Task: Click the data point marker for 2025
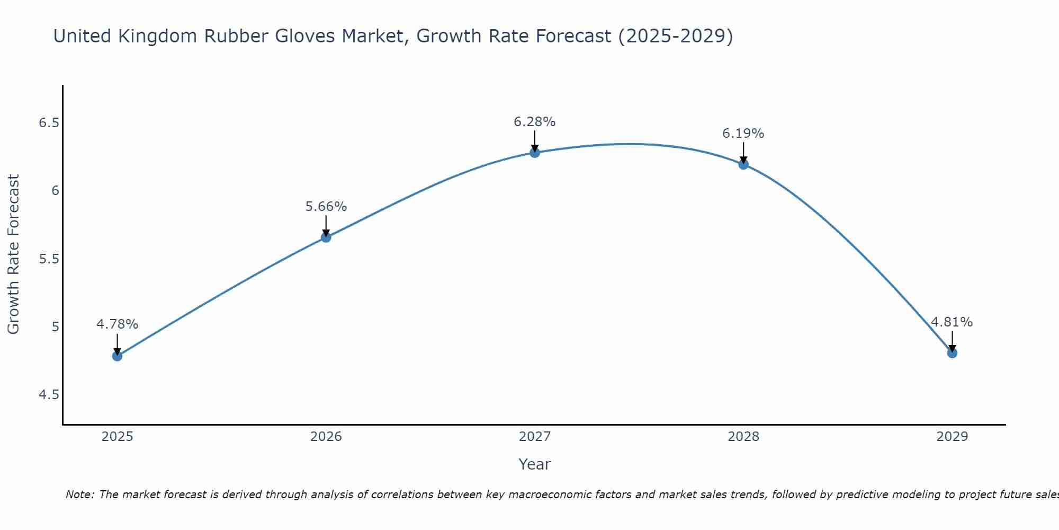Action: click(x=117, y=356)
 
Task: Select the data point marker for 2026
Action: click(x=326, y=237)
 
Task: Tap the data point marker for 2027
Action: click(x=534, y=153)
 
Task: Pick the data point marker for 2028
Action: click(x=743, y=164)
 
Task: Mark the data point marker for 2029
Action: click(x=952, y=352)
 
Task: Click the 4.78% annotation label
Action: click(x=117, y=324)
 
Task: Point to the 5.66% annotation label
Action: click(x=326, y=206)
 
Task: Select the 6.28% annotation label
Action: click(x=534, y=122)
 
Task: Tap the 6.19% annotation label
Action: click(x=743, y=134)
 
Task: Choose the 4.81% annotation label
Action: click(x=952, y=322)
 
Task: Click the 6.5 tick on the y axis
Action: click(x=49, y=123)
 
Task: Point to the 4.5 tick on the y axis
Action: click(x=49, y=395)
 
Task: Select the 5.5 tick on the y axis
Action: click(x=49, y=259)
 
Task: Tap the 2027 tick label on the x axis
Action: click(x=534, y=437)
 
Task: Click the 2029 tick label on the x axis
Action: click(x=952, y=437)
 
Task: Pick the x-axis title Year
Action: click(x=534, y=464)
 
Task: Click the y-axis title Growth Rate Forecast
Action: click(x=13, y=254)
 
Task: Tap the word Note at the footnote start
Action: click(x=80, y=494)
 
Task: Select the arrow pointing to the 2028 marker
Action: click(x=743, y=153)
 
